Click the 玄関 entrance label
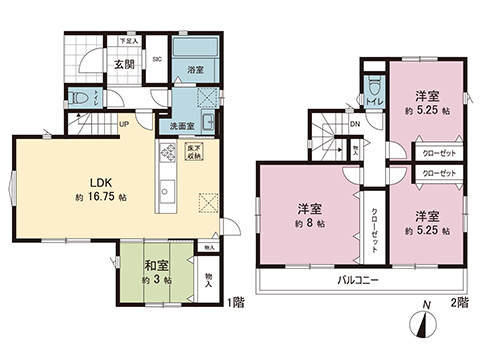pos(123,66)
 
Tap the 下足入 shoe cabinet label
pos(130,41)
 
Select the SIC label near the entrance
pos(155,58)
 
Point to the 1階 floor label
pos(236,301)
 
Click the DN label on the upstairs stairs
pos(355,124)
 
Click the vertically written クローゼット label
pos(373,219)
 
